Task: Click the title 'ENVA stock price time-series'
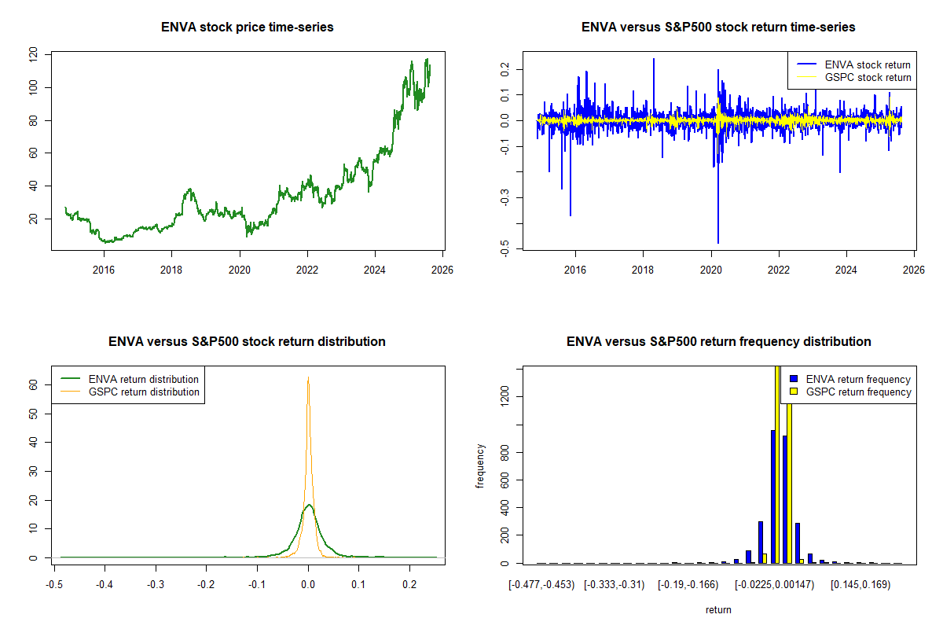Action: click(x=247, y=28)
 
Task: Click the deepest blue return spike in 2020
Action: click(x=717, y=242)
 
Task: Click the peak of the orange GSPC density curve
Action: click(x=308, y=377)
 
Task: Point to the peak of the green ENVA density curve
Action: click(x=309, y=505)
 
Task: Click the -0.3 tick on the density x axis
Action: click(x=156, y=585)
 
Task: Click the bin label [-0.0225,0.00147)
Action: click(x=774, y=585)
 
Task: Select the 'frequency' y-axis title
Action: click(x=480, y=466)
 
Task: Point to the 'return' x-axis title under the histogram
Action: click(x=718, y=610)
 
